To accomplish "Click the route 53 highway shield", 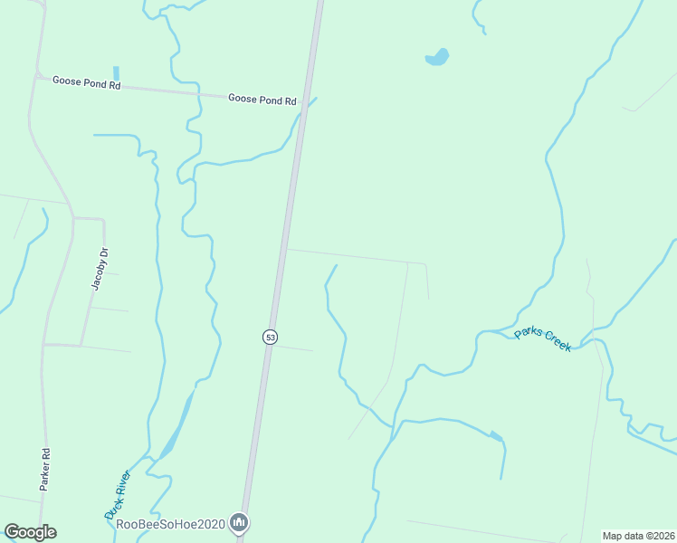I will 270,337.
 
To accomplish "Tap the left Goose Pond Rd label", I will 86,81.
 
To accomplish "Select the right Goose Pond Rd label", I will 262,100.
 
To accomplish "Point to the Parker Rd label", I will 43,469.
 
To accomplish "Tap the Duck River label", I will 119,494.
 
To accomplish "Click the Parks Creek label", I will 543,339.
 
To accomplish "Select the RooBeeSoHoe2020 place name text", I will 171,523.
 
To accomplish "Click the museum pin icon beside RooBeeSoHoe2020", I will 239,522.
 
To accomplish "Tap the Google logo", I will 30,531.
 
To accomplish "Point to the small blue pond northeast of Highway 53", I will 438,58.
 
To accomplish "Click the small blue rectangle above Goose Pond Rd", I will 116,72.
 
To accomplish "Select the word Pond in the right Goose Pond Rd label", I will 271,100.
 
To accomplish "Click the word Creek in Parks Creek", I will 556,344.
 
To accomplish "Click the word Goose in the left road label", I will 69,80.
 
